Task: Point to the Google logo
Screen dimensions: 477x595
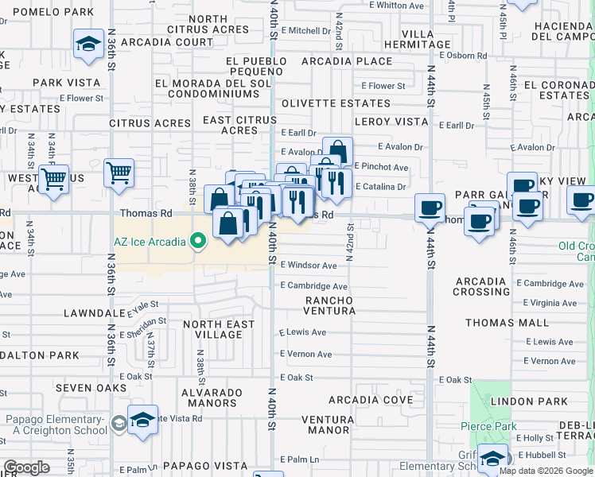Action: pyautogui.click(x=26, y=467)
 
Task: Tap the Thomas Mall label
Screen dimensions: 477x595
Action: pyautogui.click(x=507, y=323)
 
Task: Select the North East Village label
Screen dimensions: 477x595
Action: pyautogui.click(x=219, y=329)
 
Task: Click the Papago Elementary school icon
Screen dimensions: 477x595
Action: pyautogui.click(x=142, y=421)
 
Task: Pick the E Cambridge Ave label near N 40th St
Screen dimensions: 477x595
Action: pyautogui.click(x=313, y=286)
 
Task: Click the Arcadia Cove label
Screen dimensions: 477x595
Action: pyautogui.click(x=370, y=399)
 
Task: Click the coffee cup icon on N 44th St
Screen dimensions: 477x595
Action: pyautogui.click(x=430, y=208)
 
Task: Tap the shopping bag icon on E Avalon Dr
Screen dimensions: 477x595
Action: pyautogui.click(x=337, y=151)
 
